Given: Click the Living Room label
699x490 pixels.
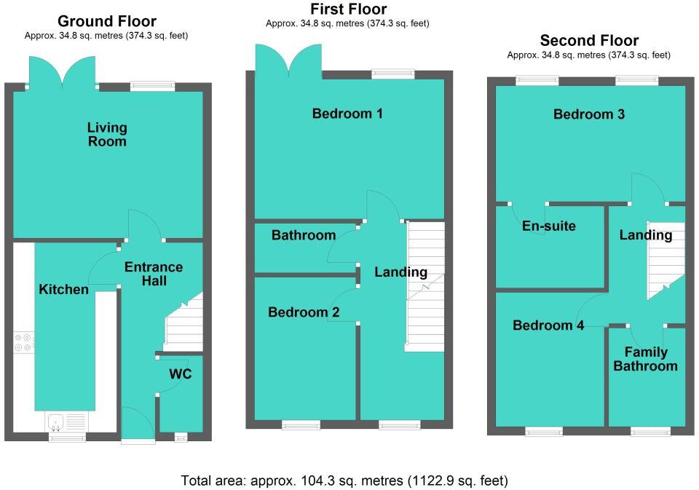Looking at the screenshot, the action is (107, 135).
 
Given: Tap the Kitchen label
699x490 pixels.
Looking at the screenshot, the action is (63, 290).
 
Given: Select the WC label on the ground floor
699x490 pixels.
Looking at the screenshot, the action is (181, 375).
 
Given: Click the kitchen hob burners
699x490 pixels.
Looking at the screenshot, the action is (23, 342).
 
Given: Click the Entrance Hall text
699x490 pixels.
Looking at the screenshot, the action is (154, 274).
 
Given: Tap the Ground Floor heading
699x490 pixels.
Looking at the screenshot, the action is (106, 21).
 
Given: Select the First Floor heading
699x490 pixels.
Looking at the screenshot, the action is (348, 9).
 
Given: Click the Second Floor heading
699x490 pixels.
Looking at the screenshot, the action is (589, 41).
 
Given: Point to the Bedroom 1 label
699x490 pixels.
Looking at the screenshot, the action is (347, 114).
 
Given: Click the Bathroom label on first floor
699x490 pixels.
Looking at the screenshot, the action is (304, 235).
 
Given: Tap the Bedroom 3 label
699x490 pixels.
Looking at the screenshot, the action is (589, 114).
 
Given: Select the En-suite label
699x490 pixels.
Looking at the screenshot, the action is (549, 226).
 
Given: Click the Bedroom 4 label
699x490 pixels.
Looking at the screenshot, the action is (548, 325).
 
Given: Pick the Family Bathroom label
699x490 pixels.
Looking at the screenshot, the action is (645, 359).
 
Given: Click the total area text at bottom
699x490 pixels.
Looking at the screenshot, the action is (344, 481).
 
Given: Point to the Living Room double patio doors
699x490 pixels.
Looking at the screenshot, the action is (64, 73).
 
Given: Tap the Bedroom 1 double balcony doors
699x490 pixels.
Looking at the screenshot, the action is (290, 60).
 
